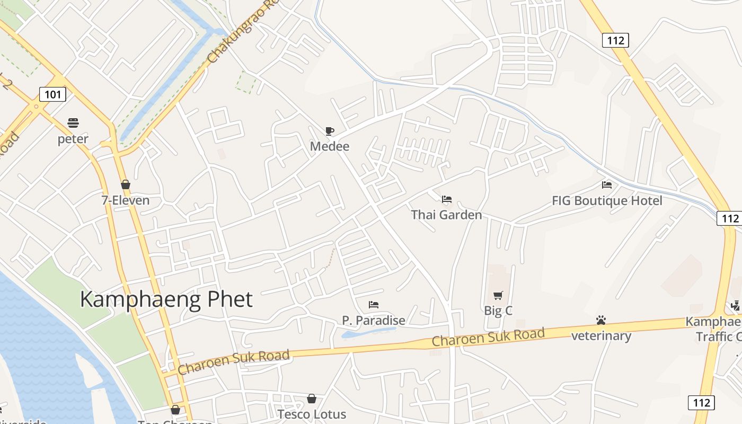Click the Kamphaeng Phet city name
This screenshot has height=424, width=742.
166,299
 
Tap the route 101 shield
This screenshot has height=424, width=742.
52,95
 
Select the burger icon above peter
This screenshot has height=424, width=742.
73,123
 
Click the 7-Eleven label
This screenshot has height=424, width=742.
126,200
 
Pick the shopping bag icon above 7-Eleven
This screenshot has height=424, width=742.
126,184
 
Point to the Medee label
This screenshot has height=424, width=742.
330,146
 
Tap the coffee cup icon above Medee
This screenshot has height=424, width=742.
330,131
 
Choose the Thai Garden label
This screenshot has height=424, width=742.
446,215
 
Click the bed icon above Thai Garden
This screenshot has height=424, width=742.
447,199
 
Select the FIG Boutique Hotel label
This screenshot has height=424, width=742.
607,201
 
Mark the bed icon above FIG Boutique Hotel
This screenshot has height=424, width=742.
607,185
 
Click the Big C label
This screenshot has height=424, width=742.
498,311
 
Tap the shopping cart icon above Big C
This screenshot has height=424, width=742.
498,295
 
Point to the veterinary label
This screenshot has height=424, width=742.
601,335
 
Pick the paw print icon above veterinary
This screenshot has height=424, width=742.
601,320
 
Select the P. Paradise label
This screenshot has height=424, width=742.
374,320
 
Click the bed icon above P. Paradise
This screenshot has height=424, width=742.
374,305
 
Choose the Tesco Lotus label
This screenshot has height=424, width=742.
312,414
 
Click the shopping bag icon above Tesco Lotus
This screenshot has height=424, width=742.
312,399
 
